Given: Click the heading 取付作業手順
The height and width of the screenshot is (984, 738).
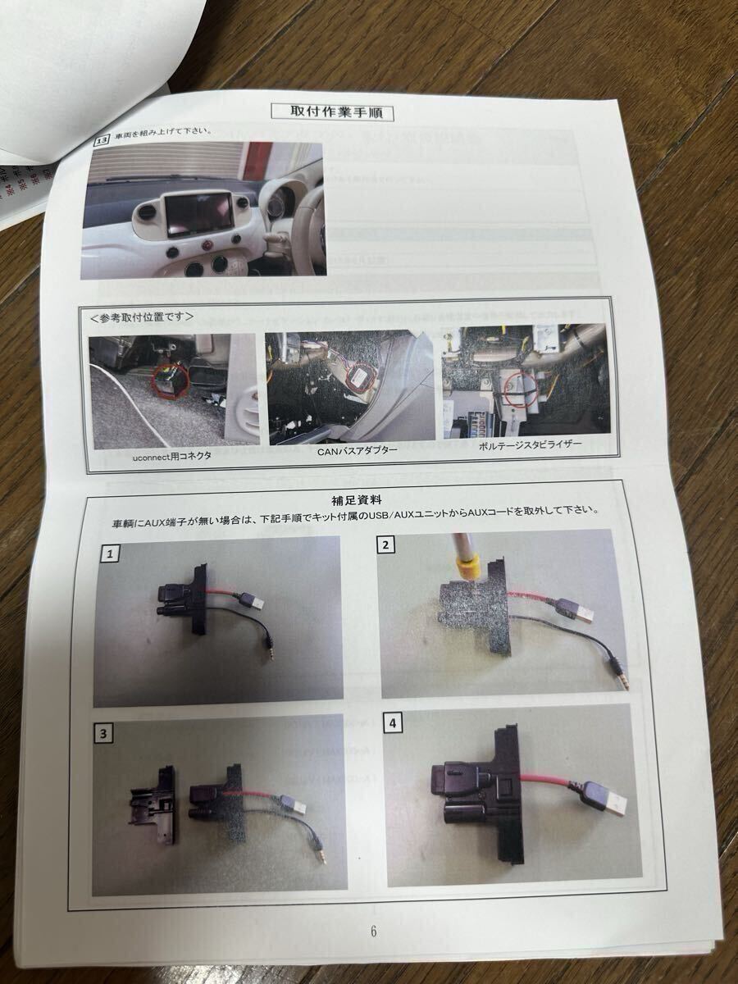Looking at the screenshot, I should tap(331, 112).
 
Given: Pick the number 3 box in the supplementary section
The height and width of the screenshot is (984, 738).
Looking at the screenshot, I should tap(106, 734).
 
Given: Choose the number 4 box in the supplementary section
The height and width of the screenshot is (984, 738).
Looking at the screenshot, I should tap(395, 723).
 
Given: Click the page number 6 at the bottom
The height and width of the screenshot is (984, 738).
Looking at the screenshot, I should tap(373, 931).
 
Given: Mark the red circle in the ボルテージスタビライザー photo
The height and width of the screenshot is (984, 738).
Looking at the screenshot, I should tap(516, 386).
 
